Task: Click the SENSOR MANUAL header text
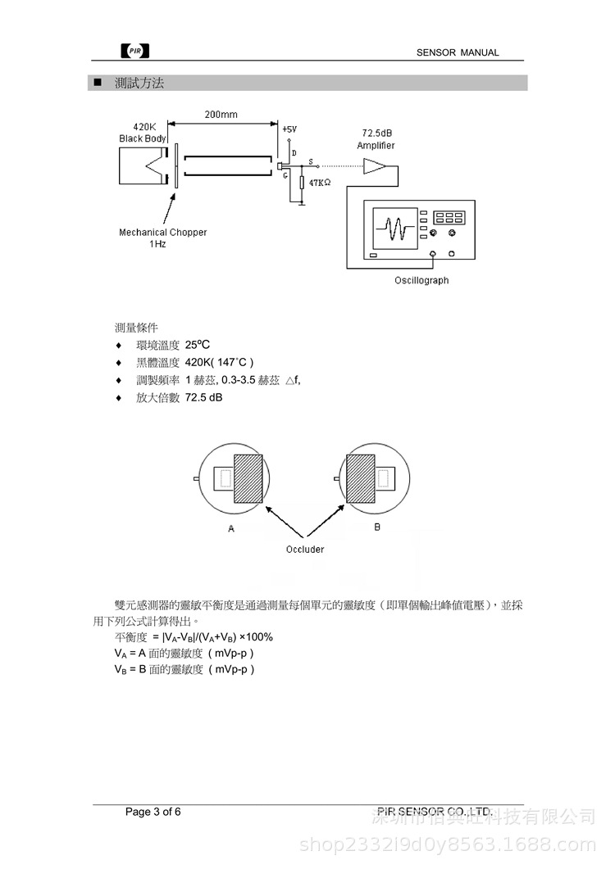457,52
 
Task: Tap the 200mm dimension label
221,115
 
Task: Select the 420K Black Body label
143,134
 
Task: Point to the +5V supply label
290,129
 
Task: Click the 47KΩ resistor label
321,183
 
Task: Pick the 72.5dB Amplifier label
376,138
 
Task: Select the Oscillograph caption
421,280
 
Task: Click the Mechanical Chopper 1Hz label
162,238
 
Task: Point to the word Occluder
304,549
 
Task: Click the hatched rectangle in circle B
362,478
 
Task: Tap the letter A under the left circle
231,529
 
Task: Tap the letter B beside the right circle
377,527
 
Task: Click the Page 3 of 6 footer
153,812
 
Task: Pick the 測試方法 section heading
139,84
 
